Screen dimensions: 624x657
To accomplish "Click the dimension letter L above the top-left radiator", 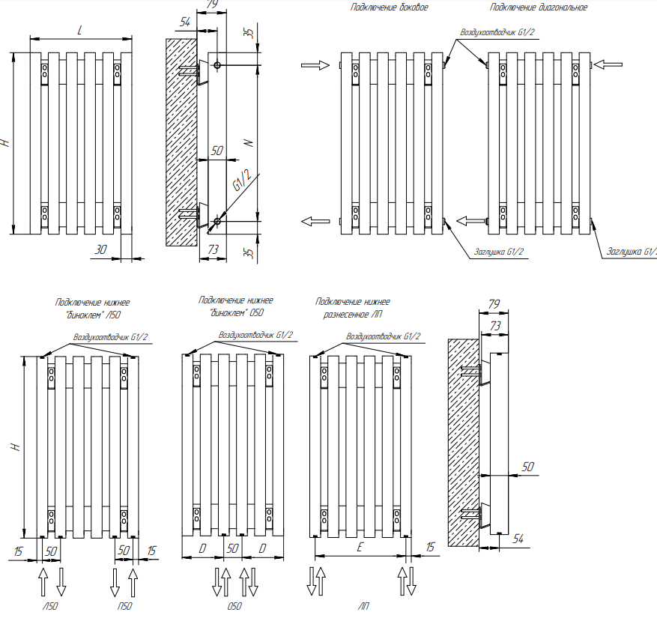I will pos(80,29).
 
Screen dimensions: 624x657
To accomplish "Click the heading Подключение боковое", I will pos(389,7).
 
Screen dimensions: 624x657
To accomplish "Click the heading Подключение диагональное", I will pos(538,7).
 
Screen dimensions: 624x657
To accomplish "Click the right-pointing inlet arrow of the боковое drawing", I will pos(315,66).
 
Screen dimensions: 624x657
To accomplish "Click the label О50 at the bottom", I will pos(234,607).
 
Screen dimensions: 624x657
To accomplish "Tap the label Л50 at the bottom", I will pos(50,607).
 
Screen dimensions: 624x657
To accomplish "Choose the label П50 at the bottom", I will pos(124,607).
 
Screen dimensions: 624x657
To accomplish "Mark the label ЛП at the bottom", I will pos(364,607).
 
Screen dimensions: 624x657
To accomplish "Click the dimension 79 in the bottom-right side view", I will pos(494,304).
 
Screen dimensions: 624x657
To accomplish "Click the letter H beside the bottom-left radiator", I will pos(14,446).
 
